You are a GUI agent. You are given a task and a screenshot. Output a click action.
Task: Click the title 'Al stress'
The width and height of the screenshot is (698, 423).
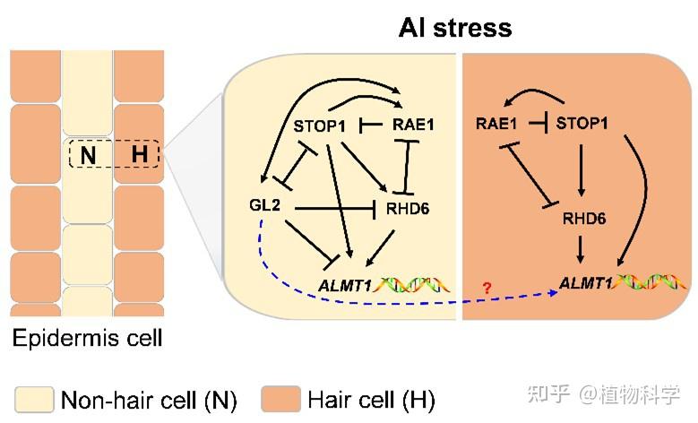[x=454, y=27]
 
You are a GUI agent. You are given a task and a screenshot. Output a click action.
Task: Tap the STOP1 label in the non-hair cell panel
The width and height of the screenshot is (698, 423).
[x=320, y=125]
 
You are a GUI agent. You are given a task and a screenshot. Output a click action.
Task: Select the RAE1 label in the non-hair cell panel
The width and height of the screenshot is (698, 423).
[x=413, y=125]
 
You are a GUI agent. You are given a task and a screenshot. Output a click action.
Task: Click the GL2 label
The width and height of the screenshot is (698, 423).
[x=265, y=206]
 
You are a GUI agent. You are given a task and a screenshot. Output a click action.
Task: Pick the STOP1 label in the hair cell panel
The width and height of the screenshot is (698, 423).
[x=582, y=124]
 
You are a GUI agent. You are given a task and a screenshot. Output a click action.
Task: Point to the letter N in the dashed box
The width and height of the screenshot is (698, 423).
[x=88, y=155]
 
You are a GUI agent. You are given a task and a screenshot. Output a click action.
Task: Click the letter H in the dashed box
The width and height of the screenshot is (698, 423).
[x=139, y=155]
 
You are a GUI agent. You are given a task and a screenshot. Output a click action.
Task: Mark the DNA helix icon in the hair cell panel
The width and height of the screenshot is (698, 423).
[x=649, y=283]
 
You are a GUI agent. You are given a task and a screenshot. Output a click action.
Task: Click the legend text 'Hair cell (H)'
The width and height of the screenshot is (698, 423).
[x=371, y=398]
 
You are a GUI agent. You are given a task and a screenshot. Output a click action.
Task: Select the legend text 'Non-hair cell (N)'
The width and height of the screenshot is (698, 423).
[x=148, y=398]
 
